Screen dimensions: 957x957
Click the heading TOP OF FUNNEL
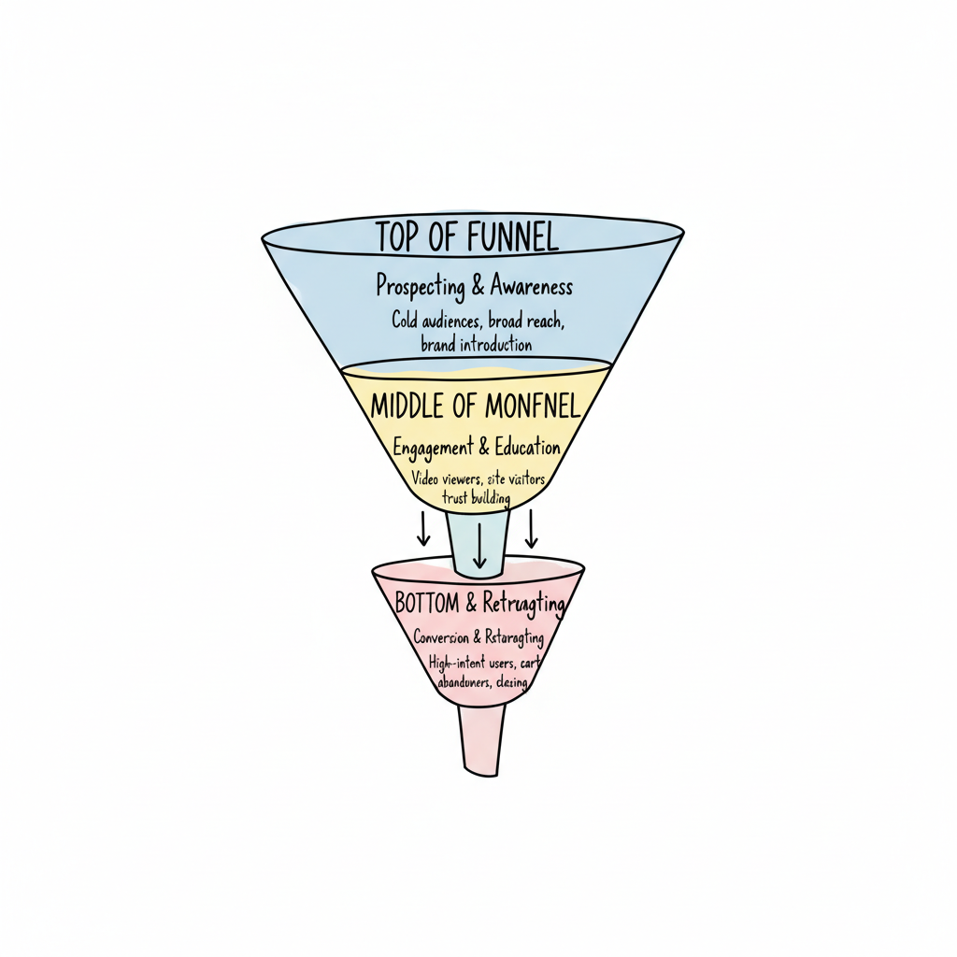(467, 237)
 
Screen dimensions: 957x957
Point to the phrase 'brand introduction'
(477, 344)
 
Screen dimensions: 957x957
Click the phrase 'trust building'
(476, 498)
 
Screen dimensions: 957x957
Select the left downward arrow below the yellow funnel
(423, 528)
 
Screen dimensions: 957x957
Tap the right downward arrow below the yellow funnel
(532, 528)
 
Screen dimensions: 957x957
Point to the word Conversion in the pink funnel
(442, 637)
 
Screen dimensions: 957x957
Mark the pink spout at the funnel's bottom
(482, 738)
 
